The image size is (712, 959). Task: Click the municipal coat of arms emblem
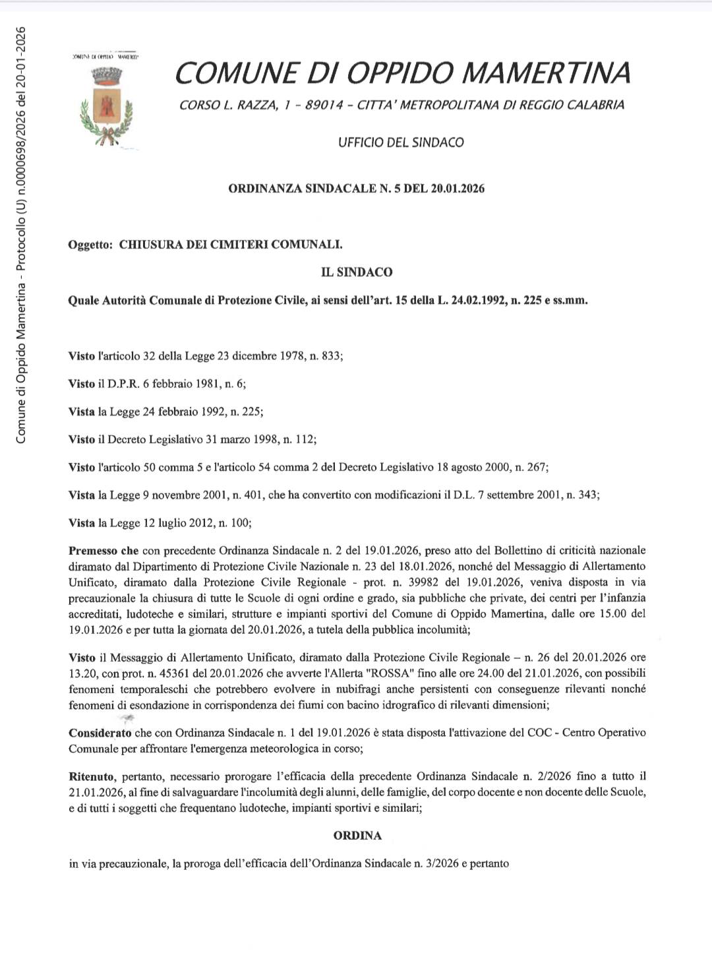pos(105,105)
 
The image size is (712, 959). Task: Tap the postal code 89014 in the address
pos(319,105)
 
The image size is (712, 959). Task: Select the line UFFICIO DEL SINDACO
pos(401,142)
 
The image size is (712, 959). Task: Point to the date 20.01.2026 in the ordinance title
pos(458,189)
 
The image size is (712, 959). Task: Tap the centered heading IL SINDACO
pos(357,272)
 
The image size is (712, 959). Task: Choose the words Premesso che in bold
pos(104,550)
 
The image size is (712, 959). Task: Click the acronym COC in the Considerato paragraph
pos(536,733)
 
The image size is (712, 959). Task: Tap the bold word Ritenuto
pos(92,776)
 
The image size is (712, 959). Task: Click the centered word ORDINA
pos(357,835)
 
